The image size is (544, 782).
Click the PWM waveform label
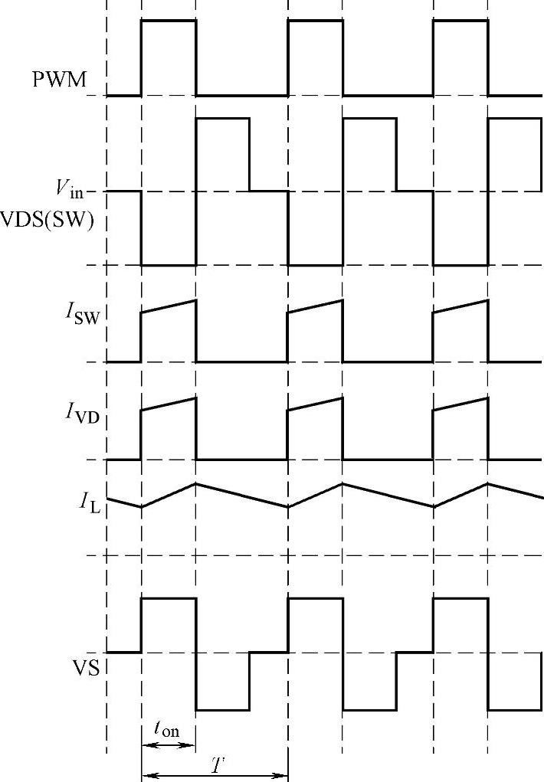coord(59,80)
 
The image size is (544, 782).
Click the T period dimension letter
coord(220,763)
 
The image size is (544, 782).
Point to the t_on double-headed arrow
coord(169,745)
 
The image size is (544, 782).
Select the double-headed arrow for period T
coord(215,776)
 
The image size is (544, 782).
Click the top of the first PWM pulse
coord(169,21)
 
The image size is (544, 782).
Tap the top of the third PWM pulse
coord(460,21)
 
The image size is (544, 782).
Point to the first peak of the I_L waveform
coord(196,483)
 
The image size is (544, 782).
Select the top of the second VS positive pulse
coord(315,599)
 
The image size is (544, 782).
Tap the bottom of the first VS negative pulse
coord(222,709)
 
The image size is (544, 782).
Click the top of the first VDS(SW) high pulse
coord(222,118)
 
